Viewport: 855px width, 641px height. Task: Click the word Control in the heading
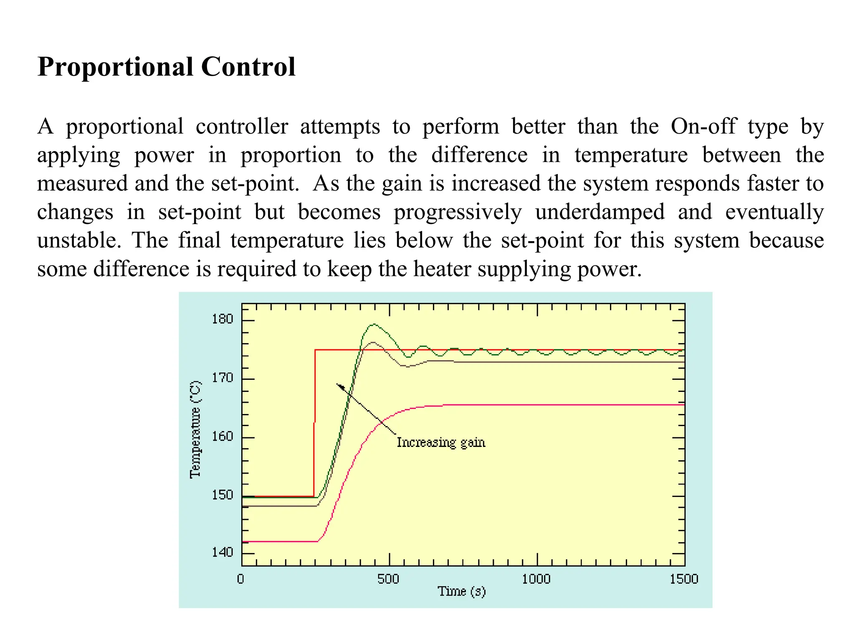tap(248, 67)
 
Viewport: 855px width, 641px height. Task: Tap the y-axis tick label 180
tap(222, 319)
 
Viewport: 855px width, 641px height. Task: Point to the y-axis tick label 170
tap(222, 378)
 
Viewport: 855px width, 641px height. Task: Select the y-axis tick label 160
tap(222, 437)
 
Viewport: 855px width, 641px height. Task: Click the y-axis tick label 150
tap(222, 495)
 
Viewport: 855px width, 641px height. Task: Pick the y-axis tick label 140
tap(222, 553)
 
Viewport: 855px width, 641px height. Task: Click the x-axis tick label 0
tap(240, 579)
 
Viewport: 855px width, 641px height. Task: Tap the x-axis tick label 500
tap(388, 579)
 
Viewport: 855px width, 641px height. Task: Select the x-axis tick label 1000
tap(536, 579)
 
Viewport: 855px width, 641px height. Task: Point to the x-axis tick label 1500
tap(684, 579)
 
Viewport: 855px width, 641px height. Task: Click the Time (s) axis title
tap(462, 592)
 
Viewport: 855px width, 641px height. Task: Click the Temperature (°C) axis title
tap(195, 430)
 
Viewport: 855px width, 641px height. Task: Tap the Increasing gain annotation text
tap(441, 442)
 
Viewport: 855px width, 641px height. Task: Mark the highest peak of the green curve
tap(373, 324)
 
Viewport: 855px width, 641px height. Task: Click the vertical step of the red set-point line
tap(314, 421)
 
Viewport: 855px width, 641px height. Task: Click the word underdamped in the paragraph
tap(600, 212)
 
